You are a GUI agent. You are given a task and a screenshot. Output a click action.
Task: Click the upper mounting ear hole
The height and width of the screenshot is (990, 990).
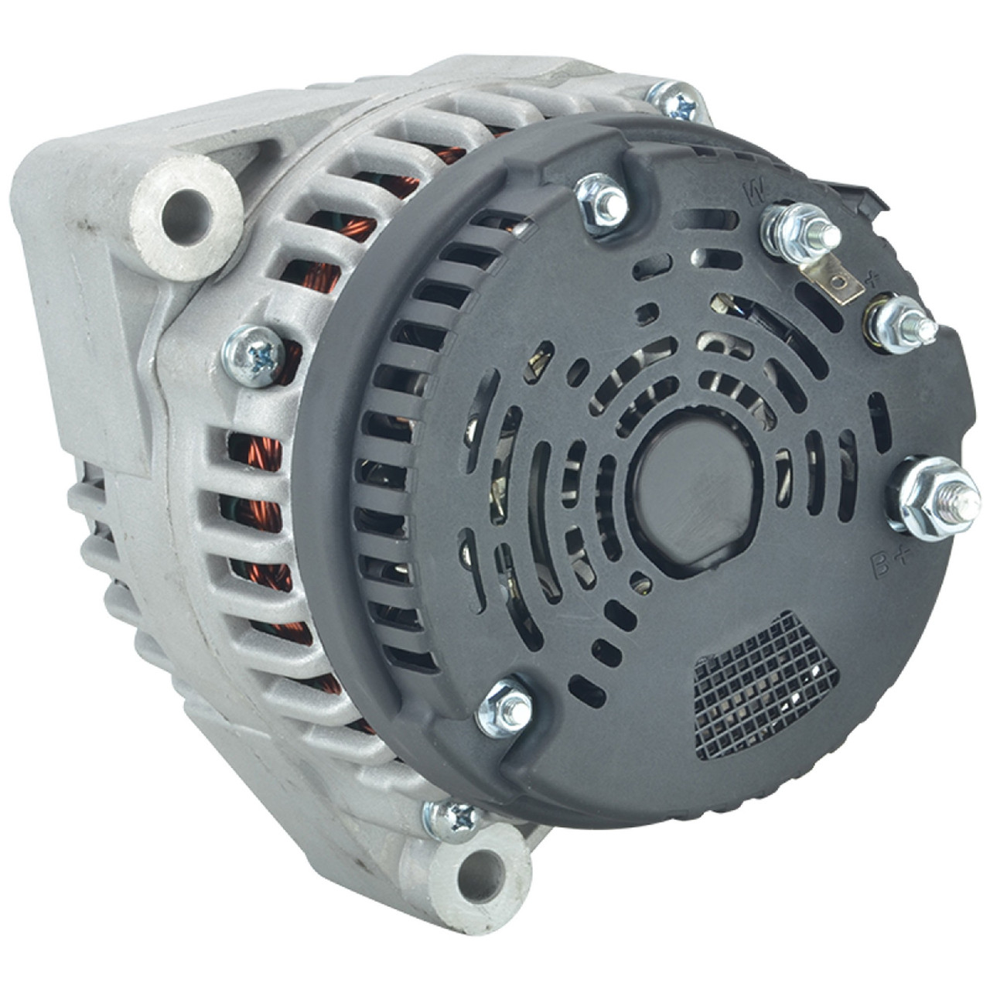182,204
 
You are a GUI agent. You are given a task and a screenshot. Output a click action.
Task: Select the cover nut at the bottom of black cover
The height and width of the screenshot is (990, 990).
504,708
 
